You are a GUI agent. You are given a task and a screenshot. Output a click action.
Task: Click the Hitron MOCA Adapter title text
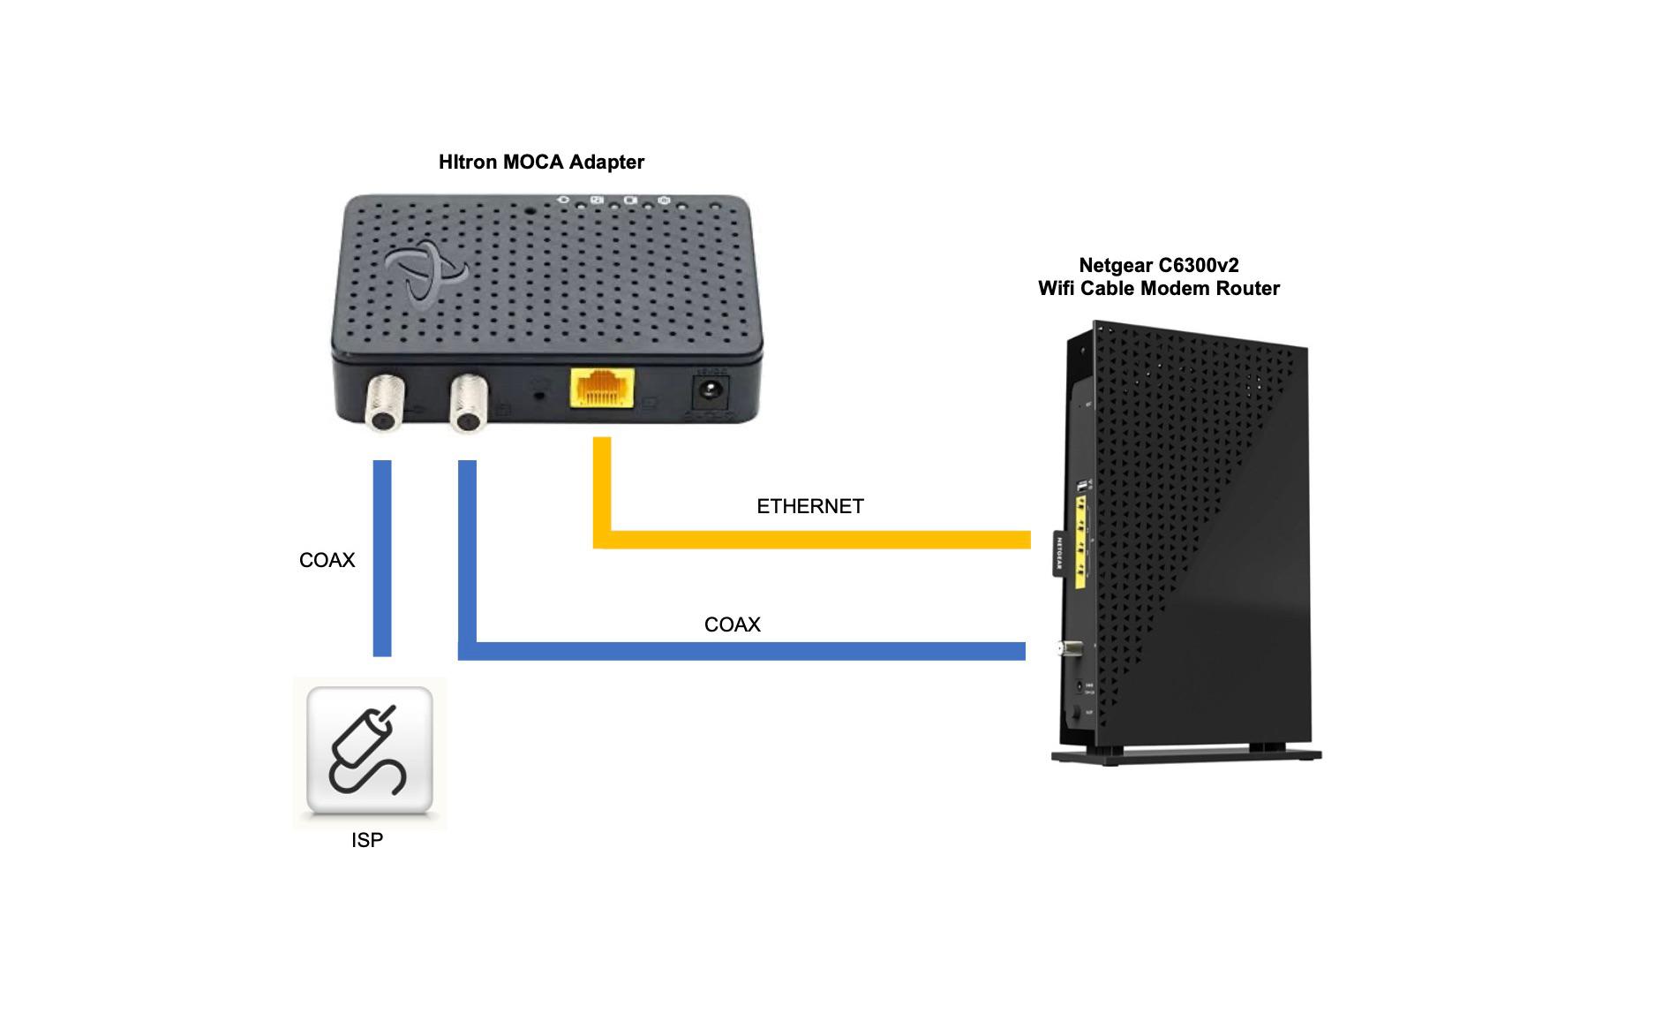[541, 163]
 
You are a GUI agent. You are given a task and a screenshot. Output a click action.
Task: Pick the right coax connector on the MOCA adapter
[467, 405]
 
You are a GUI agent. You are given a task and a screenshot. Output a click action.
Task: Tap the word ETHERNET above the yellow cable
[809, 506]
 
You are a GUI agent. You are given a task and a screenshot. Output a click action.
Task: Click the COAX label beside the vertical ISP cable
[327, 560]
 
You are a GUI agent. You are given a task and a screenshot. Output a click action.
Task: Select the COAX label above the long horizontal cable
[732, 624]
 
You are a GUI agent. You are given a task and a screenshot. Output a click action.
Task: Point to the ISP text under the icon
[367, 840]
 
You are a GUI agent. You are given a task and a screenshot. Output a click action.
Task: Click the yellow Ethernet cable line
[812, 540]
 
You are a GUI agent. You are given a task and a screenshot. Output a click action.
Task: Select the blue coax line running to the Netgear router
[741, 651]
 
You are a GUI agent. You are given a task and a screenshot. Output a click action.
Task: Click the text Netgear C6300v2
[1158, 266]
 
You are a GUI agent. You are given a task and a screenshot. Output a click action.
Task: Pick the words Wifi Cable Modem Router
[1158, 289]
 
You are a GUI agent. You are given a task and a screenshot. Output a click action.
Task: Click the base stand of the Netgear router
[1185, 756]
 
